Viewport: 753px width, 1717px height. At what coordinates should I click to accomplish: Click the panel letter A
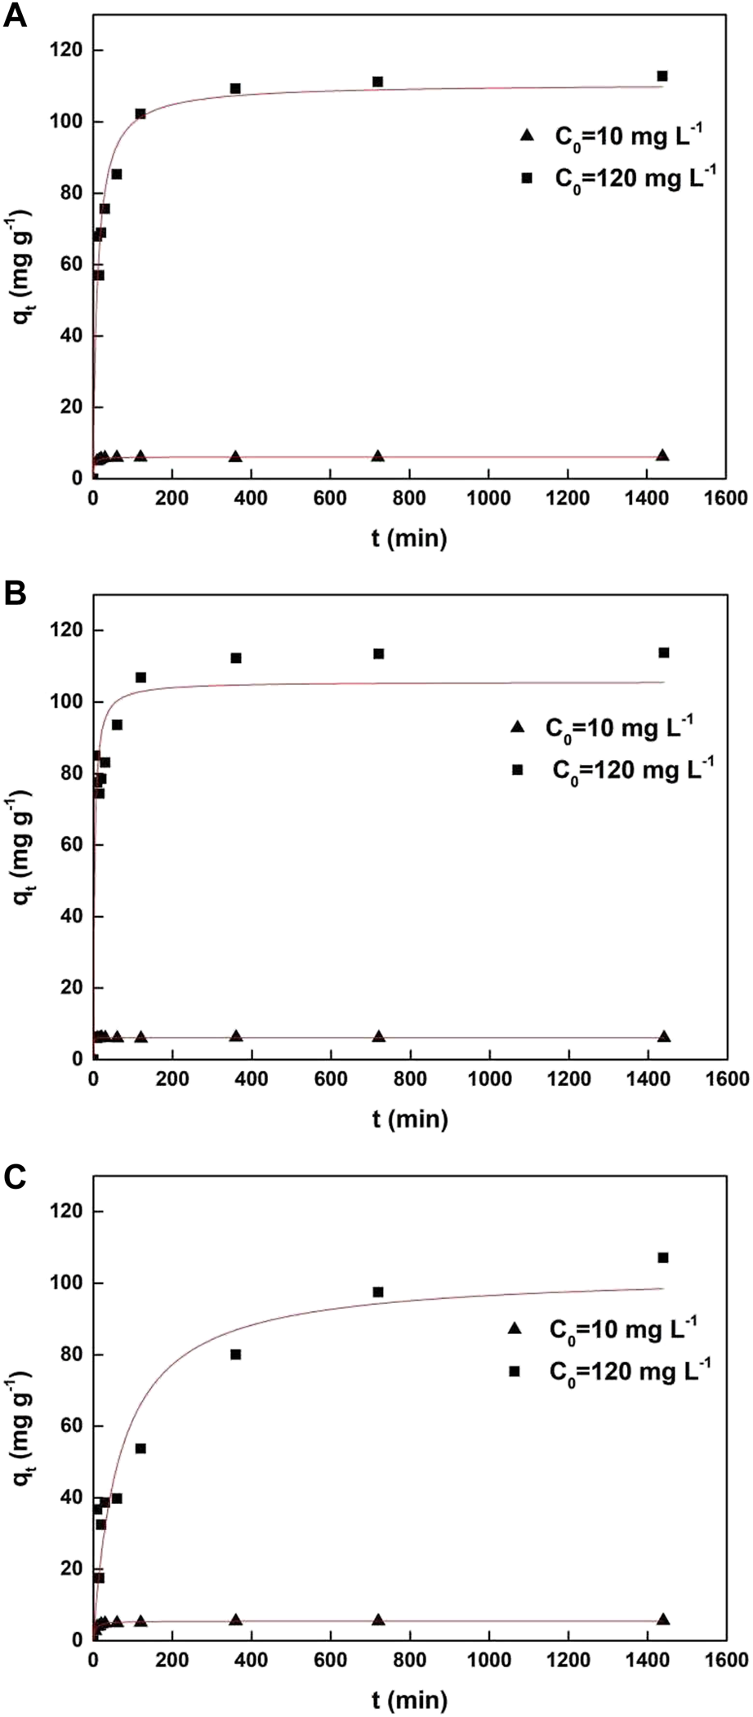coord(16,16)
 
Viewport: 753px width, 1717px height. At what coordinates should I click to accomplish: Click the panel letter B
coord(16,593)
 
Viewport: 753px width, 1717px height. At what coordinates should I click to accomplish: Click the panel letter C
coord(16,1175)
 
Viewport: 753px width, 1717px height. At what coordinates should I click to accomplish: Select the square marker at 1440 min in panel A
coord(662,76)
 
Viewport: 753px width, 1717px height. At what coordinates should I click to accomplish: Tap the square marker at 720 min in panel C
coord(378,1292)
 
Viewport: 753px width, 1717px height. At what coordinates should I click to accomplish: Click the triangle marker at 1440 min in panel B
coord(664,1036)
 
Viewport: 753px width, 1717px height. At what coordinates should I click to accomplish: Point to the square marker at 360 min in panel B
coord(236,658)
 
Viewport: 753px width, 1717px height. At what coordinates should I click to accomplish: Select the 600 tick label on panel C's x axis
coord(330,1661)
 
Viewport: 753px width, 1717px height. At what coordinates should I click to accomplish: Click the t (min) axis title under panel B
coord(410,1118)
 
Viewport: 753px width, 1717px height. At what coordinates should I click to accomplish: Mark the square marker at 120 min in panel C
coord(140,1448)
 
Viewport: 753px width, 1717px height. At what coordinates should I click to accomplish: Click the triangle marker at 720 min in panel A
coord(377,456)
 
